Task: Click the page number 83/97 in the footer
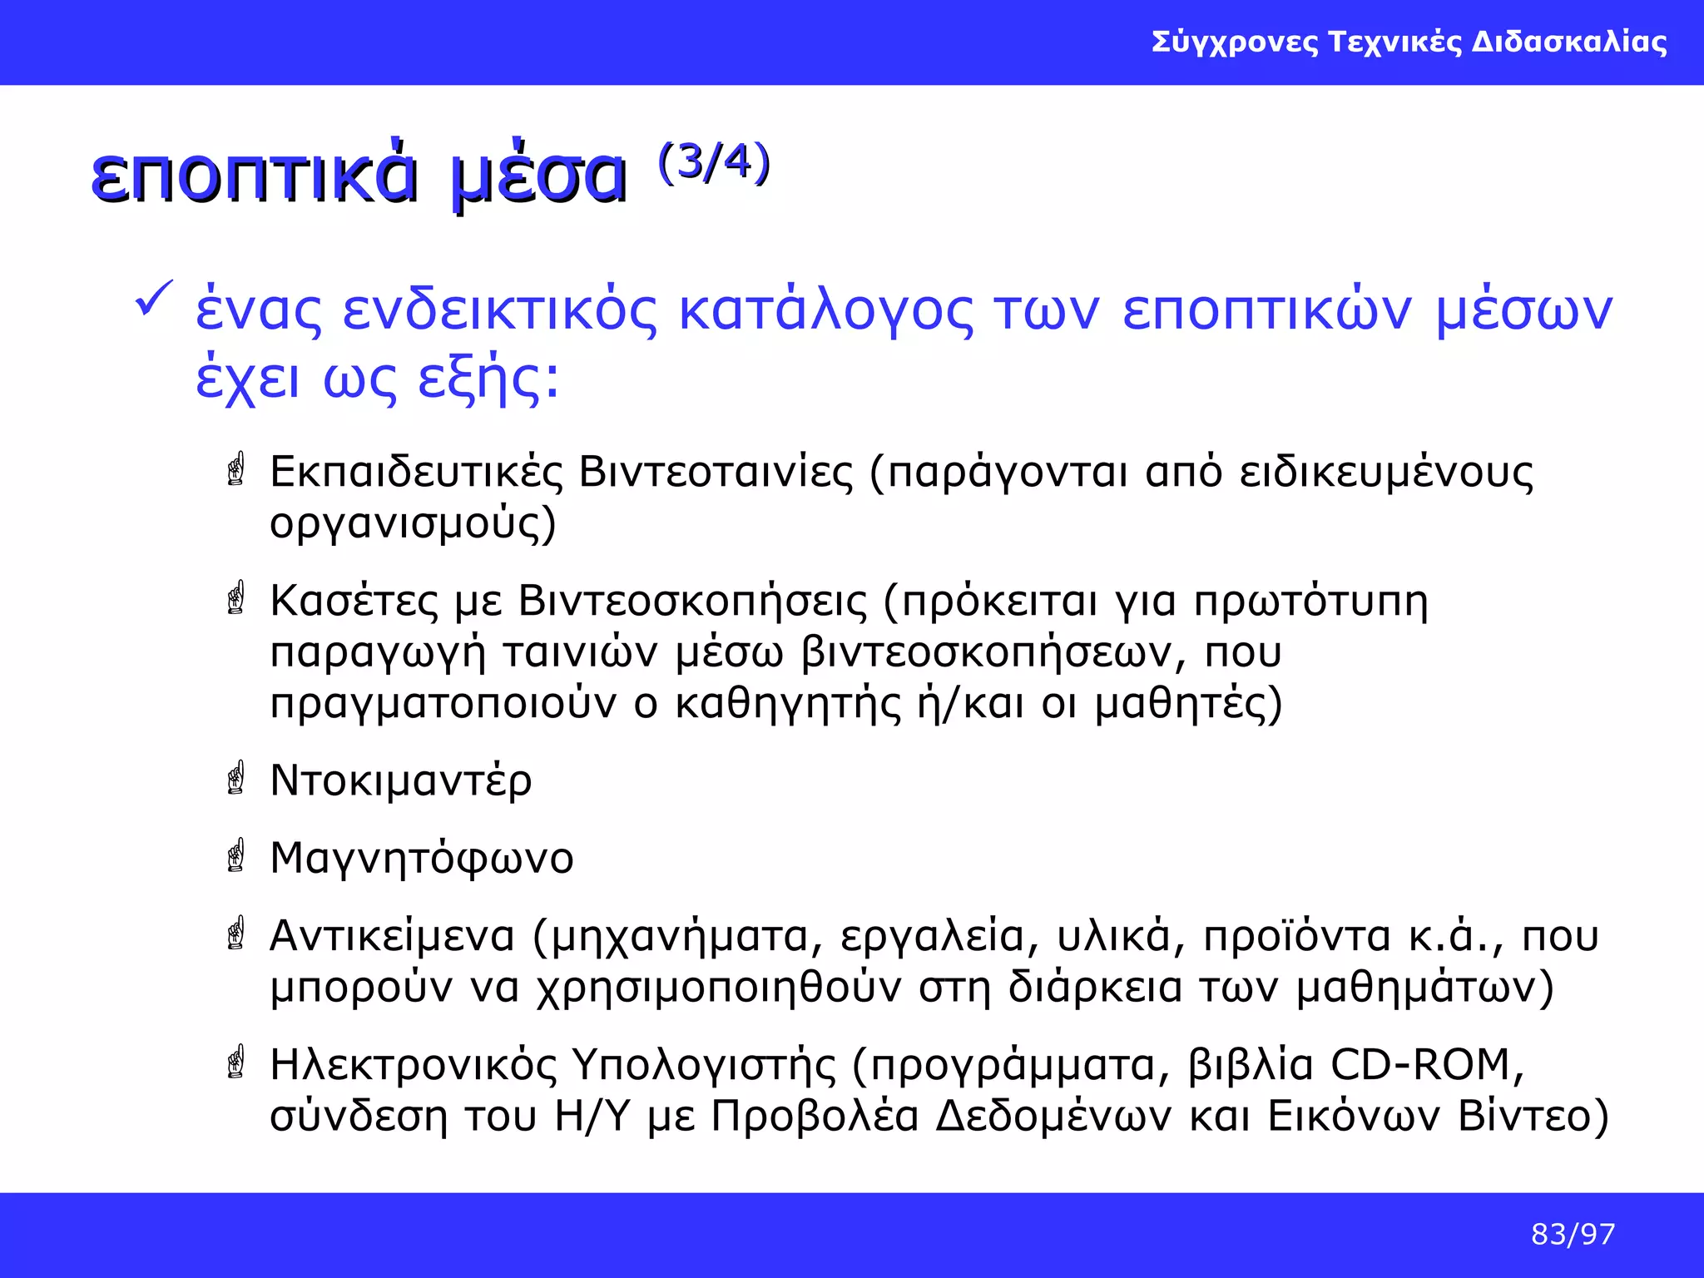point(1573,1234)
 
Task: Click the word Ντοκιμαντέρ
point(401,781)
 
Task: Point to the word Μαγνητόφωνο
point(422,859)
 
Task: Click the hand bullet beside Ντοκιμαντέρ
point(236,777)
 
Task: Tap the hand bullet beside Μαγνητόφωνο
point(236,854)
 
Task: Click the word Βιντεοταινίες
point(716,472)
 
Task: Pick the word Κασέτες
point(354,601)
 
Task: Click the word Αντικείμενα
point(393,936)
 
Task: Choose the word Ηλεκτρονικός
point(413,1065)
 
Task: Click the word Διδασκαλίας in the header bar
point(1569,42)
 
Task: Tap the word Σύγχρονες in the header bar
point(1235,42)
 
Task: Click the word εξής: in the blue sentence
point(488,379)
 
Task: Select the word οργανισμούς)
point(413,524)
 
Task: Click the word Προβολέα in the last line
point(815,1117)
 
